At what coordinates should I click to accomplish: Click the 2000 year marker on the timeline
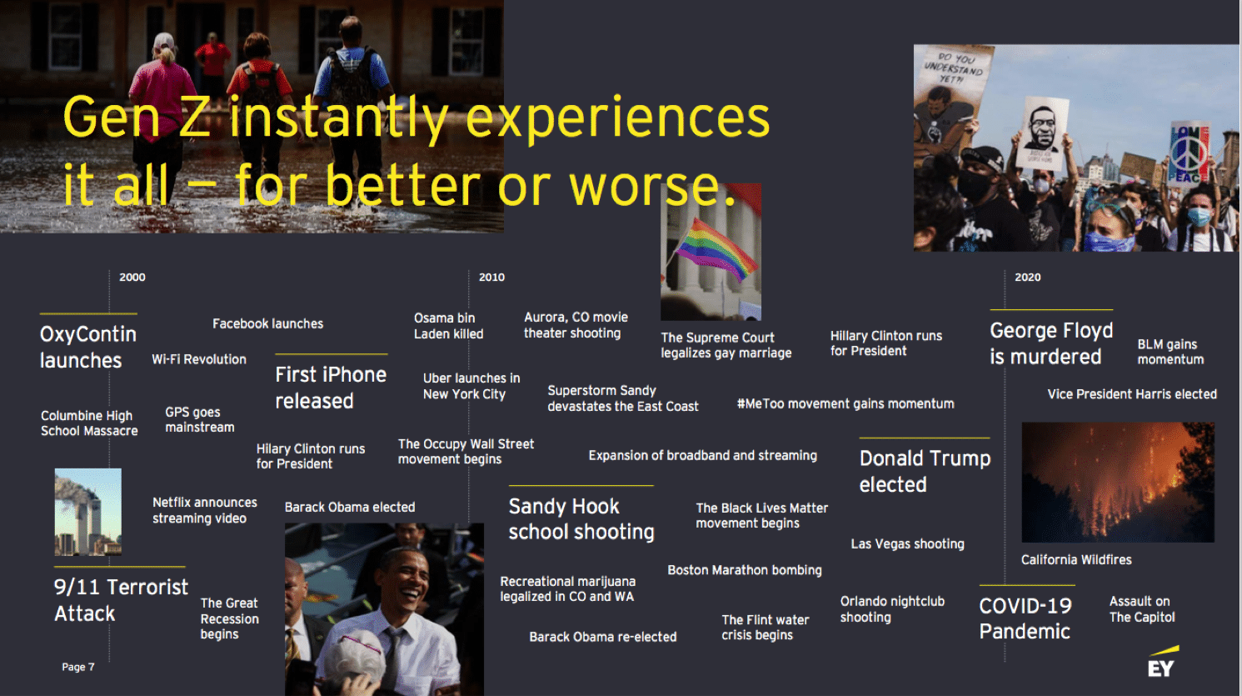132,277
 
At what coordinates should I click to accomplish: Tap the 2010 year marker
491,277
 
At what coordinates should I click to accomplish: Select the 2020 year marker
1027,277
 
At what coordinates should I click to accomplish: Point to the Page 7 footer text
78,667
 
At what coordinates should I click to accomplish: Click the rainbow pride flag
716,249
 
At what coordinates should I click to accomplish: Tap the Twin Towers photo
88,512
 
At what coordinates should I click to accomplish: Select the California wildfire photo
1118,482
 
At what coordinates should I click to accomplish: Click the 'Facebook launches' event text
267,323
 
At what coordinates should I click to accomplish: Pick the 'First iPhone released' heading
331,388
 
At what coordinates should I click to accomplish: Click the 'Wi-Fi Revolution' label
199,359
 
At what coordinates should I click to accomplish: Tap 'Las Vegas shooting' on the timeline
908,544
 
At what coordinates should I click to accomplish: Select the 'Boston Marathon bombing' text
745,570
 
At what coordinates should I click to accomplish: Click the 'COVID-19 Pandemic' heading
1025,618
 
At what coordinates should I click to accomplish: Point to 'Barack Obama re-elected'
603,637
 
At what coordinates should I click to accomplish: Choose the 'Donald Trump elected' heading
925,471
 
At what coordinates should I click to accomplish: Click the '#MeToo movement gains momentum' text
845,403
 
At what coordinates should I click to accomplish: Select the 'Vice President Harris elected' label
1132,394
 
